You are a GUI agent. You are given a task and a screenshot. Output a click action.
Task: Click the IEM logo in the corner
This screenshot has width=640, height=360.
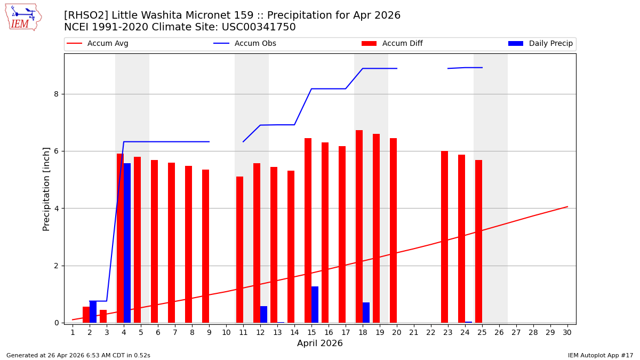23,17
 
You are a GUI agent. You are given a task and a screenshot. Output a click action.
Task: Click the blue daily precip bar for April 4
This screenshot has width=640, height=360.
127,243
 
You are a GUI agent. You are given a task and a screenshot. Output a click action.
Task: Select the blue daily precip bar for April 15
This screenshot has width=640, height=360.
315,305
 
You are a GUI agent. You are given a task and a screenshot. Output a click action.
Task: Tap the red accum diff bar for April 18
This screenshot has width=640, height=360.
359,226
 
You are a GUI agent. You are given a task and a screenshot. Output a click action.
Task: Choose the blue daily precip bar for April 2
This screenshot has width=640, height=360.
93,312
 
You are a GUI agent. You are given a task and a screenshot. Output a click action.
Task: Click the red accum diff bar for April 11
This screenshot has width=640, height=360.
239,250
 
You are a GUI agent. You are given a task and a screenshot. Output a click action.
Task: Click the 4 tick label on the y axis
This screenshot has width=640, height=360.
55,209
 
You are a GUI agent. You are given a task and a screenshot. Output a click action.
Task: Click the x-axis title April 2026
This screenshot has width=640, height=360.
319,343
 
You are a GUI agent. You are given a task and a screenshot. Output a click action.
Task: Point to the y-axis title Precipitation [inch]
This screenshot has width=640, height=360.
46,189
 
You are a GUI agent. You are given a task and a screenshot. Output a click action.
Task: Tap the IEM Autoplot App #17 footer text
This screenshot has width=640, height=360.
600,355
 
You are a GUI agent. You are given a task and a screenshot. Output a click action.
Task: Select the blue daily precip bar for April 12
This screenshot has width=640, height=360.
263,314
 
